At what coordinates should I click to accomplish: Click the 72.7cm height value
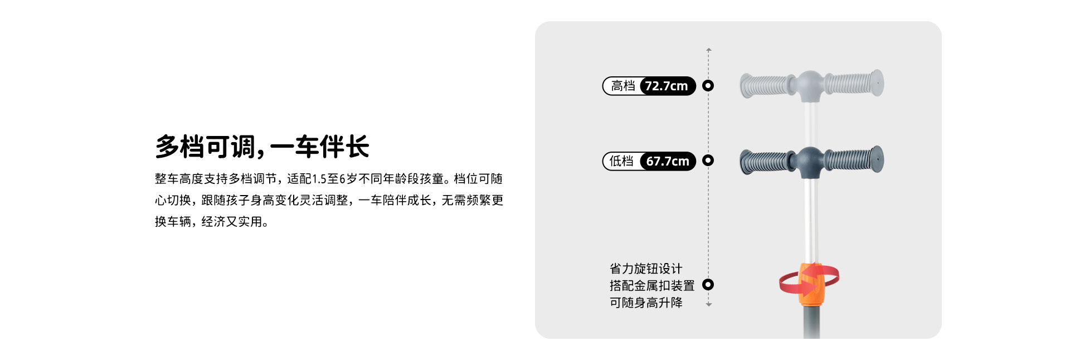point(667,86)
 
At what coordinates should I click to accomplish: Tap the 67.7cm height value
point(668,161)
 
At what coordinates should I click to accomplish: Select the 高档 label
point(623,86)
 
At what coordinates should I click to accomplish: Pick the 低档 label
point(621,161)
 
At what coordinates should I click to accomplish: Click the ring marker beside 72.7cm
point(708,85)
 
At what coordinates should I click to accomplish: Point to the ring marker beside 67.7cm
point(708,160)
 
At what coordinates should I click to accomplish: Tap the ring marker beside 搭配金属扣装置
point(708,284)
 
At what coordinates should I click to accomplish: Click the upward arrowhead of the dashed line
point(709,50)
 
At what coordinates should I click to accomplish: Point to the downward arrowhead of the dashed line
point(709,305)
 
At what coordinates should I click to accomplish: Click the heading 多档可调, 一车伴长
point(262,147)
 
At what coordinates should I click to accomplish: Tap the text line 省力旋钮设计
point(646,269)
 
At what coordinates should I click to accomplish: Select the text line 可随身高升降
point(646,303)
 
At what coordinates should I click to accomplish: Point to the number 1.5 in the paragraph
point(319,179)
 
